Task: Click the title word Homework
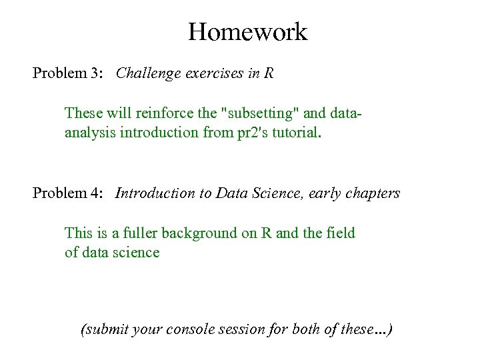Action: coord(247,31)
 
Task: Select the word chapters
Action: coord(373,194)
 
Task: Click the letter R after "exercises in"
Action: coord(268,73)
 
